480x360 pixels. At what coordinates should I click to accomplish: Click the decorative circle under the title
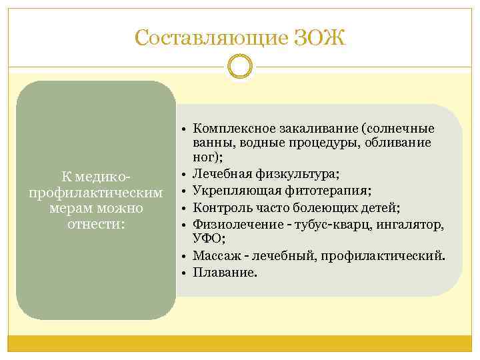point(240,67)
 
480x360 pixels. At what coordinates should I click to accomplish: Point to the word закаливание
point(313,128)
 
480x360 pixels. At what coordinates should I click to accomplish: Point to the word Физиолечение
point(230,224)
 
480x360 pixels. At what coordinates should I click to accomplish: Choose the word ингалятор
point(411,224)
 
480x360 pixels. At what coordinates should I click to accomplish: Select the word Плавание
point(223,272)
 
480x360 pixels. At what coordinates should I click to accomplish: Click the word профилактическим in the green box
point(96,193)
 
